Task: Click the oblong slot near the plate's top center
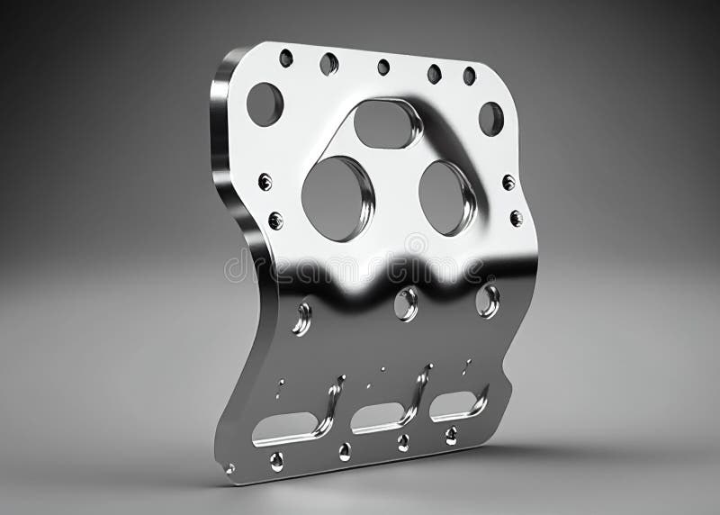pyautogui.click(x=386, y=124)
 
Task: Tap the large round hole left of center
pyautogui.click(x=336, y=198)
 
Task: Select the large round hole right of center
pyautogui.click(x=445, y=197)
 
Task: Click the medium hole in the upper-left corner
pyautogui.click(x=265, y=104)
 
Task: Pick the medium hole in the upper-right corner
pyautogui.click(x=490, y=118)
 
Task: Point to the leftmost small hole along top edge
pyautogui.click(x=286, y=59)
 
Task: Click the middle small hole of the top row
pyautogui.click(x=383, y=67)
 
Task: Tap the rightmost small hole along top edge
pyautogui.click(x=469, y=76)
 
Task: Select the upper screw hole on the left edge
pyautogui.click(x=265, y=182)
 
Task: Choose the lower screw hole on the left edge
pyautogui.click(x=275, y=221)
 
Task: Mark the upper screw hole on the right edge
pyautogui.click(x=508, y=183)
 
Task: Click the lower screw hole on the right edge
pyautogui.click(x=516, y=218)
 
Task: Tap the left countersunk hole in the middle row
pyautogui.click(x=302, y=318)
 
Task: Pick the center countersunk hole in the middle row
pyautogui.click(x=406, y=304)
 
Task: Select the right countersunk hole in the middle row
pyautogui.click(x=488, y=301)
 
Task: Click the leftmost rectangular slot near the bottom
pyautogui.click(x=285, y=427)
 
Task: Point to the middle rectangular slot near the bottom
pyautogui.click(x=379, y=415)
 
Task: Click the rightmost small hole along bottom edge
pyautogui.click(x=451, y=436)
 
